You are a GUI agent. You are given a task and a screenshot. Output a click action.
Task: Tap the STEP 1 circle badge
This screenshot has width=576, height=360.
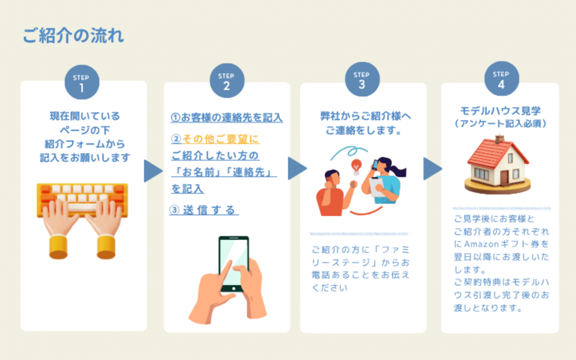pyautogui.click(x=82, y=84)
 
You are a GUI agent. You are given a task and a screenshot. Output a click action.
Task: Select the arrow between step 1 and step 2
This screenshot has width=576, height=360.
pyautogui.click(x=153, y=170)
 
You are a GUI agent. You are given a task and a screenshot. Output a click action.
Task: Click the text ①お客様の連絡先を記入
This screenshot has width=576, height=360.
pyautogui.click(x=226, y=118)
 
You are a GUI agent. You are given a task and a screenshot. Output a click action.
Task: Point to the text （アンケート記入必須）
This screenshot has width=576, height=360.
pyautogui.click(x=500, y=123)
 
